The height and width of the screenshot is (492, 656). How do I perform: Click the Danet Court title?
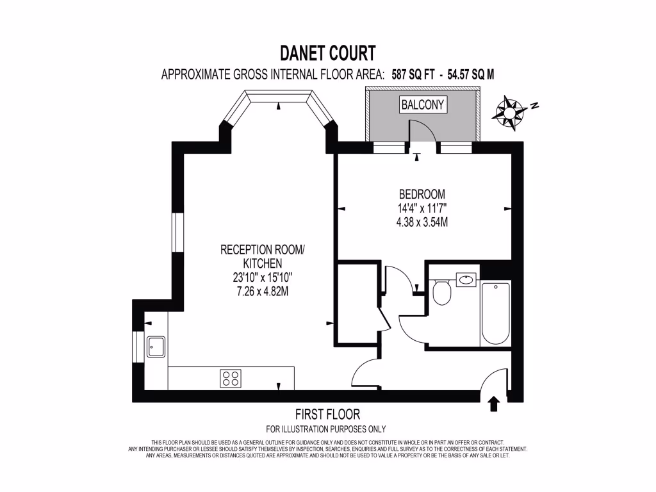click(327, 52)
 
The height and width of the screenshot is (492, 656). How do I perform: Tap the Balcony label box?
click(422, 104)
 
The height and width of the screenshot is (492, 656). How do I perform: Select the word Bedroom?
click(422, 194)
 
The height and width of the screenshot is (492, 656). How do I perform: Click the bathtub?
click(495, 314)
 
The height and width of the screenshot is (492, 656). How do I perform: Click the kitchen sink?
click(156, 347)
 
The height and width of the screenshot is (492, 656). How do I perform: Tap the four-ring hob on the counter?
click(231, 378)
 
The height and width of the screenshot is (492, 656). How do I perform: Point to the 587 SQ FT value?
click(414, 74)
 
